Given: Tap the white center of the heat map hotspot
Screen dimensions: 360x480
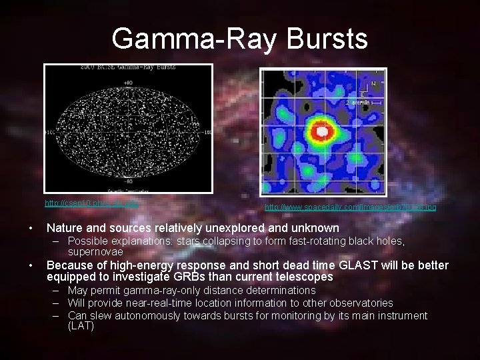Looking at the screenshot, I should coord(322,132).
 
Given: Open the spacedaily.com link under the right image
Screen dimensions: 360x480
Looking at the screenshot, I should coord(351,208).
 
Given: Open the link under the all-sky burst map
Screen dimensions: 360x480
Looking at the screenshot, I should coord(91,203).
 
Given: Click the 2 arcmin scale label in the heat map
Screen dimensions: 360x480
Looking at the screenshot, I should coord(357,102).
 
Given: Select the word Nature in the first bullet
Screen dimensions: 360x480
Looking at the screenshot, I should coord(65,228).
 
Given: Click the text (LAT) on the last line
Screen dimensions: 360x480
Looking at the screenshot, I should coord(81,327).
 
